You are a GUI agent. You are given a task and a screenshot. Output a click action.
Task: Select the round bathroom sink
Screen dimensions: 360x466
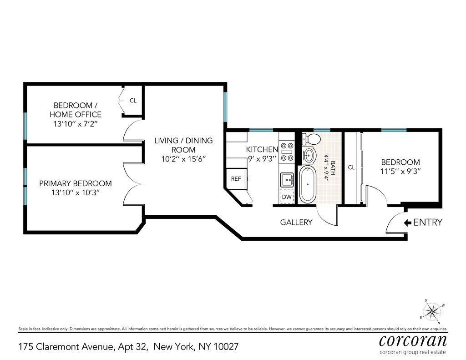309,155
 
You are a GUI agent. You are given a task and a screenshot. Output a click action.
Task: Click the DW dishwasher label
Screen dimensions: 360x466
286,197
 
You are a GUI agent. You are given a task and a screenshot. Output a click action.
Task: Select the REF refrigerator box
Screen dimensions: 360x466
236,179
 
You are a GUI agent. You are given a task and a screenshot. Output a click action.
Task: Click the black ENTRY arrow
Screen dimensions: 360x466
407,223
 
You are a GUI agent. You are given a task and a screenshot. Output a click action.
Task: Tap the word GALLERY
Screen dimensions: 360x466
296,223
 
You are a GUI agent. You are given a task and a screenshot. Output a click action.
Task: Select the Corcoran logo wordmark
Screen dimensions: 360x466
413,340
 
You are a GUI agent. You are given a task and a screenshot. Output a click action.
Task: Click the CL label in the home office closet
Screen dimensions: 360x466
133,101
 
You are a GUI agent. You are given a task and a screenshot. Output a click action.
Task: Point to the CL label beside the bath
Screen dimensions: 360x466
351,167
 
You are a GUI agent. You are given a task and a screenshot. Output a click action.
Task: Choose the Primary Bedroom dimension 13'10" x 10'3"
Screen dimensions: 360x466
76,193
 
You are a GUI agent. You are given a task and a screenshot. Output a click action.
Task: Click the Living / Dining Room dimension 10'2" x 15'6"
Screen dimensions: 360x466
183,159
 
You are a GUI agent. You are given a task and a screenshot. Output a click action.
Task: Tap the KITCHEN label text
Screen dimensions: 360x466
262,150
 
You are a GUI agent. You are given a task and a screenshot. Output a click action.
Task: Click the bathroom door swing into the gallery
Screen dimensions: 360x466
327,214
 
